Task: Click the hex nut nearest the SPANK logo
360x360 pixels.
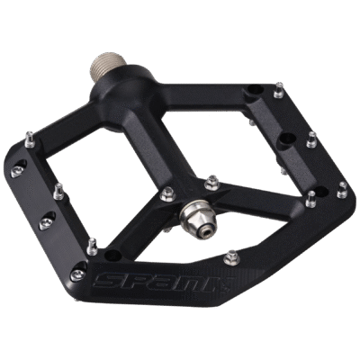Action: click(232, 258)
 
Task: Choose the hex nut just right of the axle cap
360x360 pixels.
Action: click(212, 183)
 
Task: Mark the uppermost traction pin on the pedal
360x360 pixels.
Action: click(279, 89)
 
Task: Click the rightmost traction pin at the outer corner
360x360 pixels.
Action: click(343, 190)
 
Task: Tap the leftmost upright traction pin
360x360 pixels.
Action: click(30, 139)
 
